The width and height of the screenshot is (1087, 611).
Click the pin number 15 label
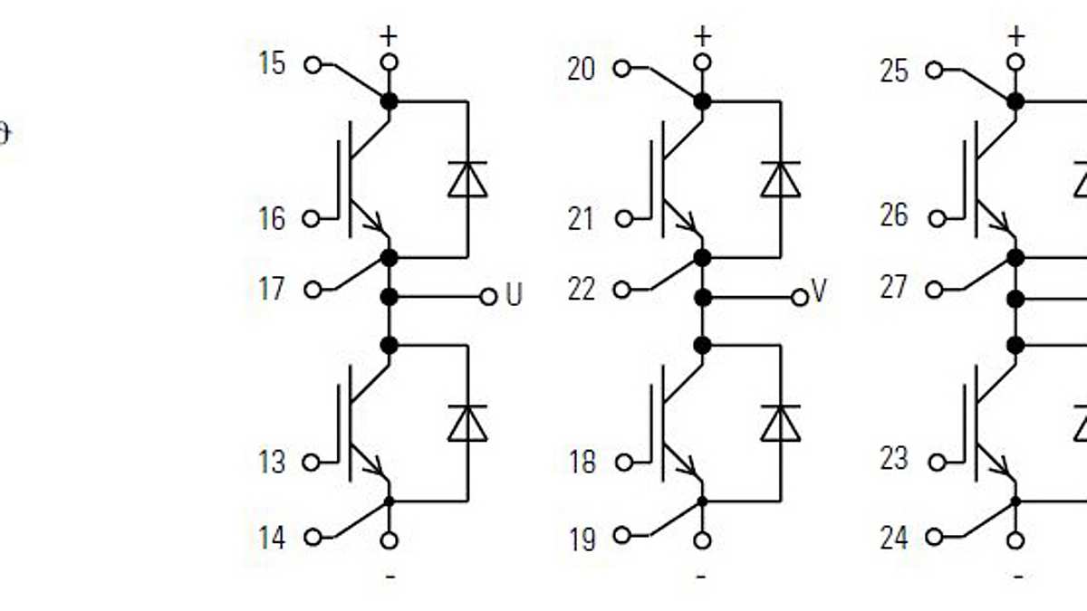(x=272, y=64)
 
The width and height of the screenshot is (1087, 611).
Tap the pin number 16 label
(x=272, y=218)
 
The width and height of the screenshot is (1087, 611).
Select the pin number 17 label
(x=272, y=290)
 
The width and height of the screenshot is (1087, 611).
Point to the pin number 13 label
(x=272, y=462)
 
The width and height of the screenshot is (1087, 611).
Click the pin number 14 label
(x=272, y=538)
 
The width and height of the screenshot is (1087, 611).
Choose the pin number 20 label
(x=582, y=69)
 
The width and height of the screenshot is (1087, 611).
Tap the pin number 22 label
(x=582, y=290)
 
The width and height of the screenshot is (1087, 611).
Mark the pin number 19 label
(x=582, y=539)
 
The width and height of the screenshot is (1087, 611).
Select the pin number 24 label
(x=894, y=539)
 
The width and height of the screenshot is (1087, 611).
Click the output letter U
(x=514, y=296)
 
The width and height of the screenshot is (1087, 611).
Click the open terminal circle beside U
(x=488, y=296)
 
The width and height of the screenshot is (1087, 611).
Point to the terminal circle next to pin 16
(x=313, y=218)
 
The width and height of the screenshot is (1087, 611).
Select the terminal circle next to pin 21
(x=623, y=218)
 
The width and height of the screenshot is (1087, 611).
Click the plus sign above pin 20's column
(x=702, y=37)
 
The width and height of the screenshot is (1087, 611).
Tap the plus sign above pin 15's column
(x=389, y=37)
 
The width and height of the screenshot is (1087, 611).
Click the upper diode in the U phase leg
(x=467, y=179)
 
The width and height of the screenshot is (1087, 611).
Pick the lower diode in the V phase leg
(x=780, y=423)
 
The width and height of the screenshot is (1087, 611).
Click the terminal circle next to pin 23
(x=937, y=462)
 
